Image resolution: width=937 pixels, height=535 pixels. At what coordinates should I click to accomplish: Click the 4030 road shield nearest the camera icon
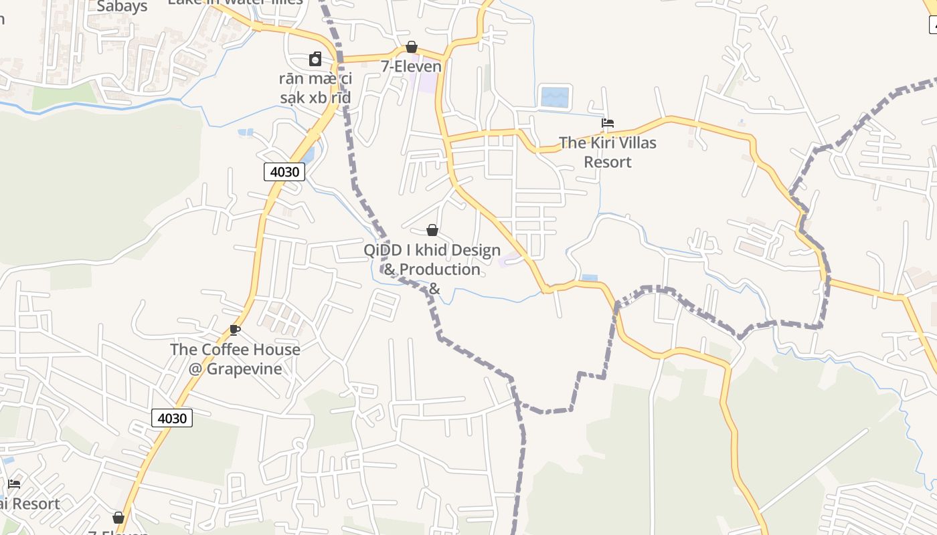pos(284,172)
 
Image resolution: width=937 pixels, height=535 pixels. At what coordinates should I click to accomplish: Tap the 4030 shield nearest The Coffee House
pos(172,418)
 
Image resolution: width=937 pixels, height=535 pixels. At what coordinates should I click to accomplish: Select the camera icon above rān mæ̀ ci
pos(315,59)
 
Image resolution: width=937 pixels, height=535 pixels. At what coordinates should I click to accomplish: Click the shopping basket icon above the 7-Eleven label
pos(412,47)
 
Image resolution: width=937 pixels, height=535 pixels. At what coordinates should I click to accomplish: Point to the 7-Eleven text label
pos(412,66)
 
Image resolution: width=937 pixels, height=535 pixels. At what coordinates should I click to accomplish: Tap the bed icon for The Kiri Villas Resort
pos(608,123)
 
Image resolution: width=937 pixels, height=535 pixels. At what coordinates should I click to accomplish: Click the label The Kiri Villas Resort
pos(608,152)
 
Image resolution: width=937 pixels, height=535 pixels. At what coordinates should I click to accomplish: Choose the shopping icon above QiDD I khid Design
pos(432,230)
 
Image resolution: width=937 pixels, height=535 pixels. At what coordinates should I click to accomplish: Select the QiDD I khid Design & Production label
pos(432,259)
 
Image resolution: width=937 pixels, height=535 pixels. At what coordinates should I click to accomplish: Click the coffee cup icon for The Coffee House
pos(235,330)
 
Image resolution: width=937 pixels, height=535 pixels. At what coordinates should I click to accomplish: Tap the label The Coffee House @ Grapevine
pos(235,358)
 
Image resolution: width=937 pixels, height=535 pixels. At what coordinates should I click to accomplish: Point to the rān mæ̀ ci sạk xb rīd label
pos(315,88)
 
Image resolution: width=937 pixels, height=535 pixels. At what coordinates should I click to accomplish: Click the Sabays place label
pos(122,7)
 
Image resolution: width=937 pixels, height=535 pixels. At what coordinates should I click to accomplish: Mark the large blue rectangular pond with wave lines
pos(554,97)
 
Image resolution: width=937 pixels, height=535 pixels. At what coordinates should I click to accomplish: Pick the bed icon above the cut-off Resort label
pos(14,484)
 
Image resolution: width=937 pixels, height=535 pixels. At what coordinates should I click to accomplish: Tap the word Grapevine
pos(244,368)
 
